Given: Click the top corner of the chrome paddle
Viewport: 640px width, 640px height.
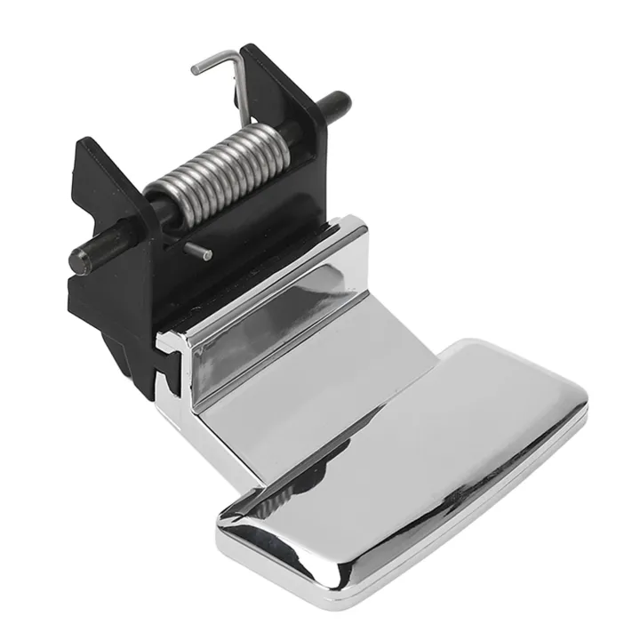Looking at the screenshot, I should coord(462,342).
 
